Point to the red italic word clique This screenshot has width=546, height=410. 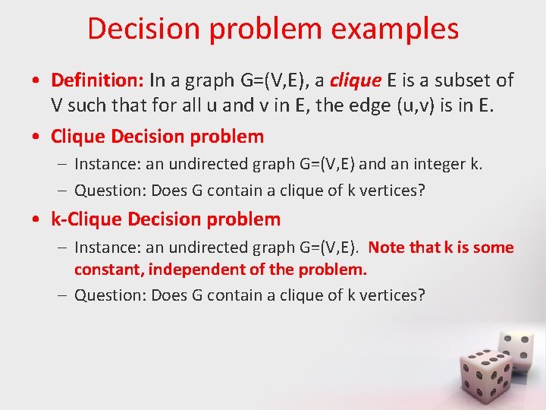pyautogui.click(x=351, y=80)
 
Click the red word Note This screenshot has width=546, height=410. pyautogui.click(x=387, y=248)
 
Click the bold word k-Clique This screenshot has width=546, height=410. pyautogui.click(x=86, y=220)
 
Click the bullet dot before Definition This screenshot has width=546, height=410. pyautogui.click(x=37, y=80)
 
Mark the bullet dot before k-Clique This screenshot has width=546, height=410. pyautogui.click(x=37, y=221)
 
